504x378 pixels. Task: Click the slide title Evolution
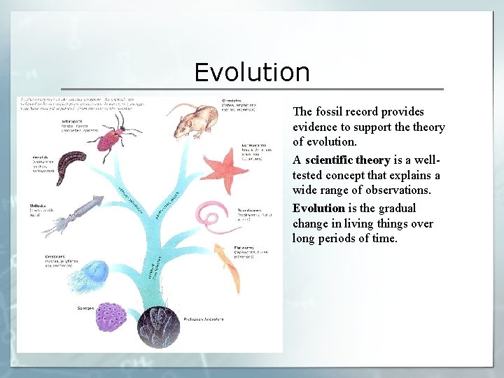[x=251, y=73]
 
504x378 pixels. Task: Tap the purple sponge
[x=110, y=316]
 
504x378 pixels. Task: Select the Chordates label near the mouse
[x=232, y=101]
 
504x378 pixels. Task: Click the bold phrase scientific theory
[x=347, y=160]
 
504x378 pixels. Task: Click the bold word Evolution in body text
[x=318, y=208]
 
